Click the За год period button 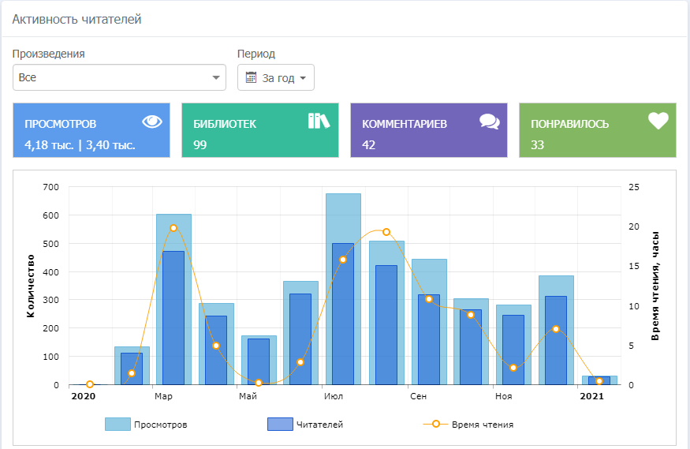tap(276, 77)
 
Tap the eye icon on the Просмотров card tap(152, 122)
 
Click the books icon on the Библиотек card tap(319, 121)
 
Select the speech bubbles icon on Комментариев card tap(490, 122)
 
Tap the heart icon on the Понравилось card tap(658, 121)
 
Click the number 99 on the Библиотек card tap(200, 144)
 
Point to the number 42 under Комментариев tap(369, 144)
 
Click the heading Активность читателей tap(76, 19)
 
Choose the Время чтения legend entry tap(468, 425)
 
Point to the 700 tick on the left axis tap(52, 187)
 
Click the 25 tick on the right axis tap(634, 187)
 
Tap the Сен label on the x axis tap(418, 396)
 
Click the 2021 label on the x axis tap(591, 396)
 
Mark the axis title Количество tap(31, 286)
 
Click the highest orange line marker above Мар tap(173, 227)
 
